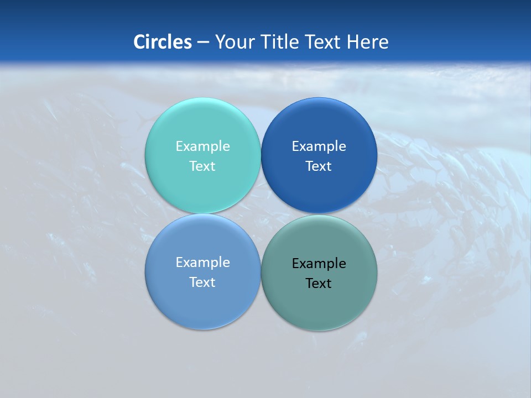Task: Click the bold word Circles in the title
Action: point(162,42)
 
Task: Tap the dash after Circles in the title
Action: point(203,43)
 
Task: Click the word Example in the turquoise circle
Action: point(202,146)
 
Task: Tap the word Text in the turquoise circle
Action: point(202,166)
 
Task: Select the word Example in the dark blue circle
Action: point(319,146)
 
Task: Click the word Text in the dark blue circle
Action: point(319,166)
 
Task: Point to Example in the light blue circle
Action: point(202,263)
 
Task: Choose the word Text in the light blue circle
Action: point(202,282)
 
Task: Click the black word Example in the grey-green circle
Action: point(319,264)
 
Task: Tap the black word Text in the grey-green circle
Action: point(319,284)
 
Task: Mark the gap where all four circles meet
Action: point(261,214)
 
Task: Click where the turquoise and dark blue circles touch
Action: point(261,155)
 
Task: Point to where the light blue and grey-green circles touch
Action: point(261,272)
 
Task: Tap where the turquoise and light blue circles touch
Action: point(202,214)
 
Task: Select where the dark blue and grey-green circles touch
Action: point(319,214)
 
